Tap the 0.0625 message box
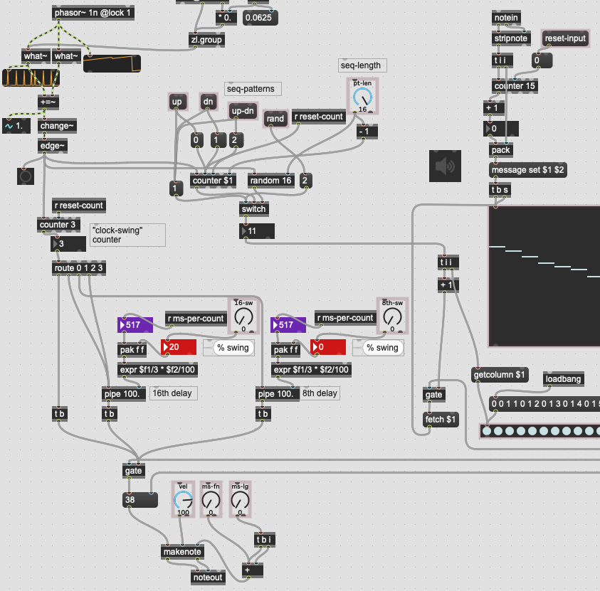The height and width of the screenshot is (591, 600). (x=260, y=18)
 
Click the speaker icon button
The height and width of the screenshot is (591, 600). (x=445, y=166)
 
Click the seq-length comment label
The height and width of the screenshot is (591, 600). (x=361, y=65)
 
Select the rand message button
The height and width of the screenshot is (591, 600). (x=275, y=119)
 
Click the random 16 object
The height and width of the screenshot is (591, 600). (x=271, y=181)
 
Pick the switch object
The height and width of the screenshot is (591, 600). (x=253, y=208)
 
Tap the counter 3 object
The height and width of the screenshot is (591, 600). (x=56, y=225)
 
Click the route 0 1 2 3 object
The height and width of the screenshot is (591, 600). (x=78, y=268)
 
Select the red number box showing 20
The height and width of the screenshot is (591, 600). (x=180, y=347)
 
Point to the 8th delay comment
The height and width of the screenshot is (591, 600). (x=320, y=393)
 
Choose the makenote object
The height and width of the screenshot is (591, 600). (x=183, y=552)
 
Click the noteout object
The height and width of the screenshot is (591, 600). (x=208, y=577)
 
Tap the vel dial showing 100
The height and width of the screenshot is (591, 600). (x=183, y=501)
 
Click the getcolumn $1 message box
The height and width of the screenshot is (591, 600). (x=500, y=374)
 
